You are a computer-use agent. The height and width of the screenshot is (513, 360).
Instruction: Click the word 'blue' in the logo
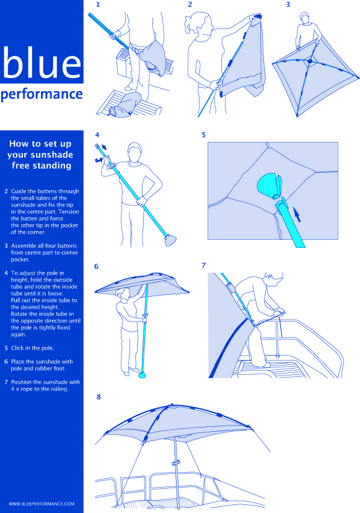[x=42, y=62]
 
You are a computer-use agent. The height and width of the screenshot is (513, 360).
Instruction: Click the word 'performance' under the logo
[x=42, y=95]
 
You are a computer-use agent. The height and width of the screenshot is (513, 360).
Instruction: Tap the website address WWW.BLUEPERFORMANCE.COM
[x=42, y=504]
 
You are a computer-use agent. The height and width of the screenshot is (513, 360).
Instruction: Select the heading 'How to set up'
[x=40, y=144]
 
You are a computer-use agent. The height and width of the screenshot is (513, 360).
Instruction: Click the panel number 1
[x=98, y=4]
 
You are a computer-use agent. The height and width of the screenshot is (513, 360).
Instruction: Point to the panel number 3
[x=288, y=4]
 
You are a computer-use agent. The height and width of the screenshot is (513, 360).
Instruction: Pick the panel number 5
[x=204, y=135]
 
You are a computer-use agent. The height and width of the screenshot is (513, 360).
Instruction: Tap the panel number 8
[x=99, y=397]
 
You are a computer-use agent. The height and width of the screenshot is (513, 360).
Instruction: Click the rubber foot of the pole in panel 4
[x=170, y=240]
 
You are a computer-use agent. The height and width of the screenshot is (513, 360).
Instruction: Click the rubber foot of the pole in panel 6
[x=142, y=375]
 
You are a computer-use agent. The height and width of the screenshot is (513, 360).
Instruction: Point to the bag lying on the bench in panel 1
[x=126, y=104]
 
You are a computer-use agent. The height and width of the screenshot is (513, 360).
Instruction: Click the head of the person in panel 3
[x=305, y=19]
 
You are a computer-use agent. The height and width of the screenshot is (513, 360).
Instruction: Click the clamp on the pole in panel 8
[x=176, y=463]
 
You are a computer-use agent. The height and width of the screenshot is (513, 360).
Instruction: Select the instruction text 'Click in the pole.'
[x=33, y=348]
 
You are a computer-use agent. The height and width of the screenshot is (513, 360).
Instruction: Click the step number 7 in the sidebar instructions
[x=6, y=382]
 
